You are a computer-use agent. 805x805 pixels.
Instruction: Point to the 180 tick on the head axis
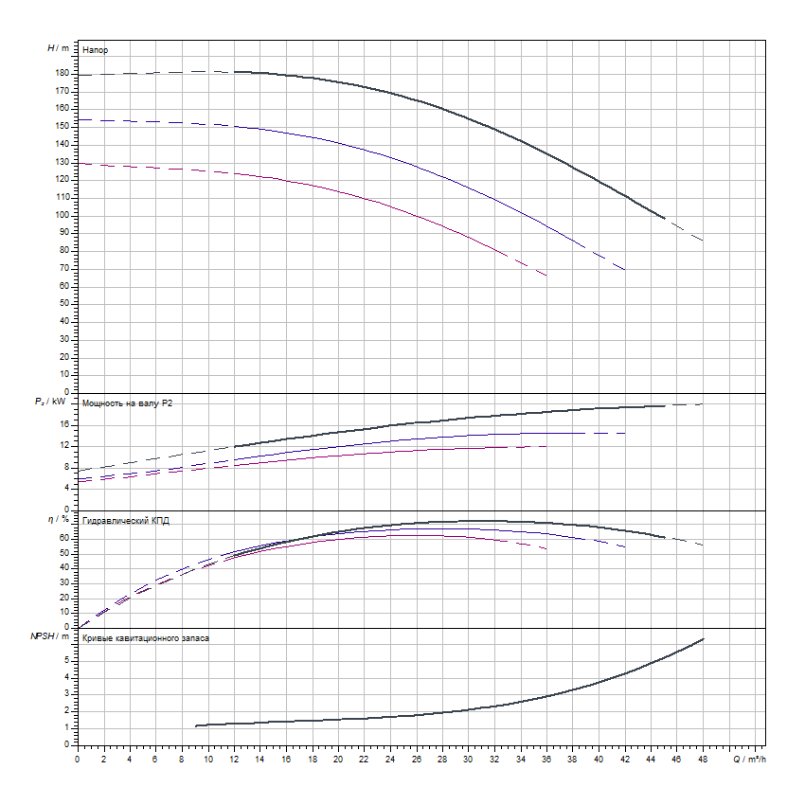click(63, 73)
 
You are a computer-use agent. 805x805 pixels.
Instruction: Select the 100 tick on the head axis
click(63, 215)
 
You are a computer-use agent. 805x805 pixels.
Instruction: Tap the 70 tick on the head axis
click(65, 268)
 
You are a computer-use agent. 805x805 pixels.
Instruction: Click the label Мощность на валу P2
click(128, 403)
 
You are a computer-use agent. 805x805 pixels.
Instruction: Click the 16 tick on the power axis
click(65, 424)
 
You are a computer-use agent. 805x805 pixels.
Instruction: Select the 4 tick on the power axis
click(67, 488)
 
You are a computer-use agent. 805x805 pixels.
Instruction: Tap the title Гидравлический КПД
click(126, 521)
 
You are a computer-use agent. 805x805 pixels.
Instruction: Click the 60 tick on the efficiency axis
click(65, 538)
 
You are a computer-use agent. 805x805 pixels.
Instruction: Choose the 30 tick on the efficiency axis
click(65, 582)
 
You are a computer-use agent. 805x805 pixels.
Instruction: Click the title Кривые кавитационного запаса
click(146, 638)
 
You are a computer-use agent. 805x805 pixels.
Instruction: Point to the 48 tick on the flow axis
click(703, 759)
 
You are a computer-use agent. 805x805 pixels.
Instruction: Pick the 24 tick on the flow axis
click(390, 759)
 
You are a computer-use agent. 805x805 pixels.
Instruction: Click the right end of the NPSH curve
click(704, 639)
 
